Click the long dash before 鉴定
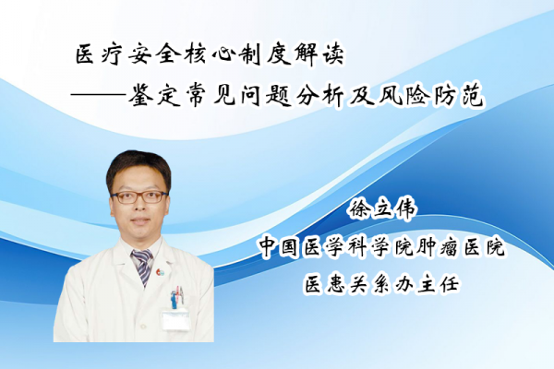[98, 95]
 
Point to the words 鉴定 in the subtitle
[152, 95]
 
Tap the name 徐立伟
[382, 209]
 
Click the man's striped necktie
[143, 267]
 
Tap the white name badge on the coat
[175, 319]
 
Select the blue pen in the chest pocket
[174, 299]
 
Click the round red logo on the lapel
[161, 272]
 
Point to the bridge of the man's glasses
[140, 195]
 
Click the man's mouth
[140, 221]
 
